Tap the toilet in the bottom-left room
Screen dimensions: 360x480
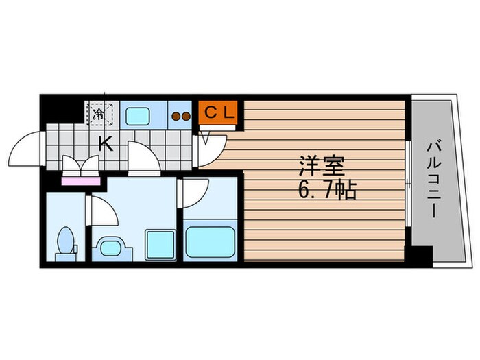65,243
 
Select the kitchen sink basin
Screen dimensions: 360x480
138,116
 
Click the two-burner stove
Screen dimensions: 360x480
181,116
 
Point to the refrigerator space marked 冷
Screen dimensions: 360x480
99,114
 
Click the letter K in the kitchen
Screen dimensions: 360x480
106,143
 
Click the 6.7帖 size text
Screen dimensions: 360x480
326,191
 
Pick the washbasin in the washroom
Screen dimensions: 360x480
110,248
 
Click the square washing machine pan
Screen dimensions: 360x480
159,245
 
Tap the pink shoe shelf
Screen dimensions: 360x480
81,181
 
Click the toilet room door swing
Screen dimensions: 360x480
103,211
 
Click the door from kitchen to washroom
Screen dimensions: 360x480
143,160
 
